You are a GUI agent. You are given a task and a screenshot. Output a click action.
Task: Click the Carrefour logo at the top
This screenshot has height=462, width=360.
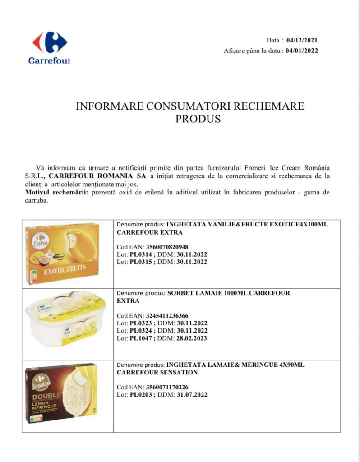point(50,47)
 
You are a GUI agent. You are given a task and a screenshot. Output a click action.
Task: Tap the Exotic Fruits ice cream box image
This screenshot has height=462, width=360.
point(62,253)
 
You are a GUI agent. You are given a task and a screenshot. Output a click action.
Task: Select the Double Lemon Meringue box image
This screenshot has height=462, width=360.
point(61,393)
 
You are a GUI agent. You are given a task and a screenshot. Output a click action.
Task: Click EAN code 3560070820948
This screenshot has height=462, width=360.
point(167,247)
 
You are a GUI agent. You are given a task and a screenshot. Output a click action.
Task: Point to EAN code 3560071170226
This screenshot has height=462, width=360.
point(167,387)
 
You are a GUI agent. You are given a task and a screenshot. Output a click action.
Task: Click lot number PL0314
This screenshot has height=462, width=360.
point(140,254)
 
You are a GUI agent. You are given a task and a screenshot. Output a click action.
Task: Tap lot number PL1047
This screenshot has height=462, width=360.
point(140,338)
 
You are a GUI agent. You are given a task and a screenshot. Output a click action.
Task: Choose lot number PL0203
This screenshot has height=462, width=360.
point(140,395)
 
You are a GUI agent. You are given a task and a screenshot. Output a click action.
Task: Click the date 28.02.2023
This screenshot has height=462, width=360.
point(191,338)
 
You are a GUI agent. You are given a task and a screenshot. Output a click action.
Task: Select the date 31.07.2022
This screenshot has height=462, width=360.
point(191,395)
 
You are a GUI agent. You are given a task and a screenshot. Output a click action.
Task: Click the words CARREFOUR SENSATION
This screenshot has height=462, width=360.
point(157,373)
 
